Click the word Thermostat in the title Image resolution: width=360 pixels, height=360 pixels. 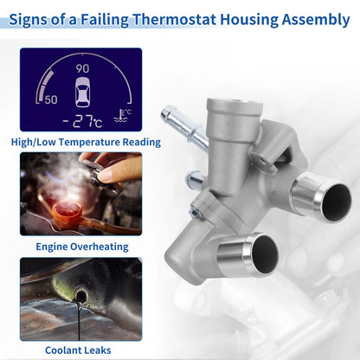tap(174, 20)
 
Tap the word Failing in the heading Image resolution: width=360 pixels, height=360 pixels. tap(105, 20)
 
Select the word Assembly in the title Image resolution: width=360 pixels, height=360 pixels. tap(316, 20)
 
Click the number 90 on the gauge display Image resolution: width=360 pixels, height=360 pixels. tap(82, 68)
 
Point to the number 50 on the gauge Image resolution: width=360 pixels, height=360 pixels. tap(51, 100)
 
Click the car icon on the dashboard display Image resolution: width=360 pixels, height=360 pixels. tap(82, 92)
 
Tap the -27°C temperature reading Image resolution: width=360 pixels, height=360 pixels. tap(82, 121)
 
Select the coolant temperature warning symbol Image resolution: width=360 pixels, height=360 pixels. tap(122, 116)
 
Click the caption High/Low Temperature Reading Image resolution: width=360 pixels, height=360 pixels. tap(86, 142)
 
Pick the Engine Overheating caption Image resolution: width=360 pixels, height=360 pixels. tap(82, 247)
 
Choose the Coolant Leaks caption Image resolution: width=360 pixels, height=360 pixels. tap(78, 350)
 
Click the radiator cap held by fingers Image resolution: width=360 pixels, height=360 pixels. tap(101, 176)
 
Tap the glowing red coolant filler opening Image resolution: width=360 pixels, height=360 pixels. tap(67, 209)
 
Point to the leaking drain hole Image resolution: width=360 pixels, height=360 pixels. tap(80, 295)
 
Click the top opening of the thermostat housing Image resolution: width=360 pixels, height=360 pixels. tap(235, 104)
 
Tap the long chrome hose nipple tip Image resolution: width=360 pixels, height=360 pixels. tap(168, 114)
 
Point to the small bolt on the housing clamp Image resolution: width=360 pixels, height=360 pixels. tap(195, 213)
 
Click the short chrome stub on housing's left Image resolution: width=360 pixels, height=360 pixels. tap(195, 179)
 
